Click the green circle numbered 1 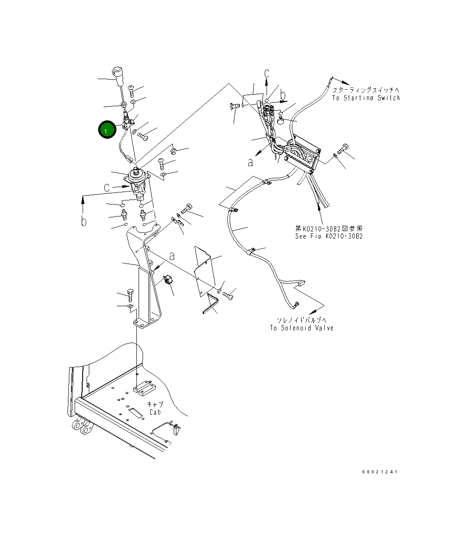click(x=106, y=130)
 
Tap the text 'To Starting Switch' click(x=366, y=98)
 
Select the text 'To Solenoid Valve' click(x=302, y=328)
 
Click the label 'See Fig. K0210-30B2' click(x=329, y=236)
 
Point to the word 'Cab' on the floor click(x=155, y=412)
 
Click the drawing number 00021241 click(x=379, y=472)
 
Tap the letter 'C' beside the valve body click(x=107, y=188)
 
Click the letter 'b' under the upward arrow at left click(x=84, y=221)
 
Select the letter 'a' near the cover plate click(x=172, y=256)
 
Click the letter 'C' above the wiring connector click(x=267, y=74)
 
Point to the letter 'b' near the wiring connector click(x=283, y=94)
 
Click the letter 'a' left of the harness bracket click(x=251, y=163)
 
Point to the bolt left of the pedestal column click(x=130, y=294)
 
